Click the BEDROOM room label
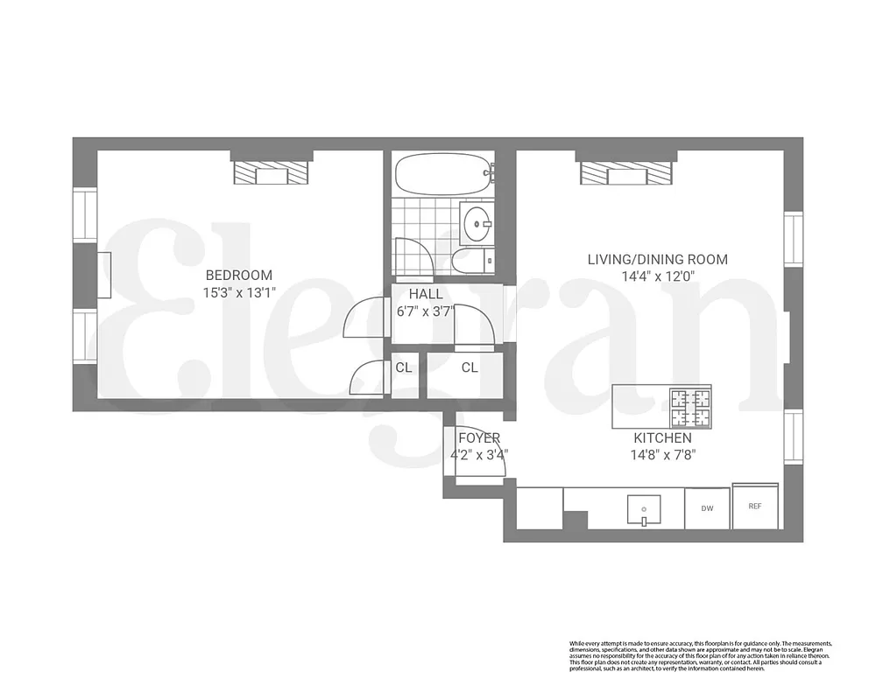pos(238,275)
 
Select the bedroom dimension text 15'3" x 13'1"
pos(238,293)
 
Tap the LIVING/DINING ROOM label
pos(657,259)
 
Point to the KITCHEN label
pos(662,437)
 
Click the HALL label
pos(426,294)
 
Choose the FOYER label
pos(479,437)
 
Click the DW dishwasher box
pos(707,507)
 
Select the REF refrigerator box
pos(754,506)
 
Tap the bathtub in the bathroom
pos(442,175)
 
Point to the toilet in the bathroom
pos(471,260)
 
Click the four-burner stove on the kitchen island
pos(690,404)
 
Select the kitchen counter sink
pos(644,508)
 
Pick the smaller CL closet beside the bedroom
pos(404,367)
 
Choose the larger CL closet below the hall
pos(470,367)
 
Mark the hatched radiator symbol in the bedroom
pos(272,173)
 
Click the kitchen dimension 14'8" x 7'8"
pos(662,455)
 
